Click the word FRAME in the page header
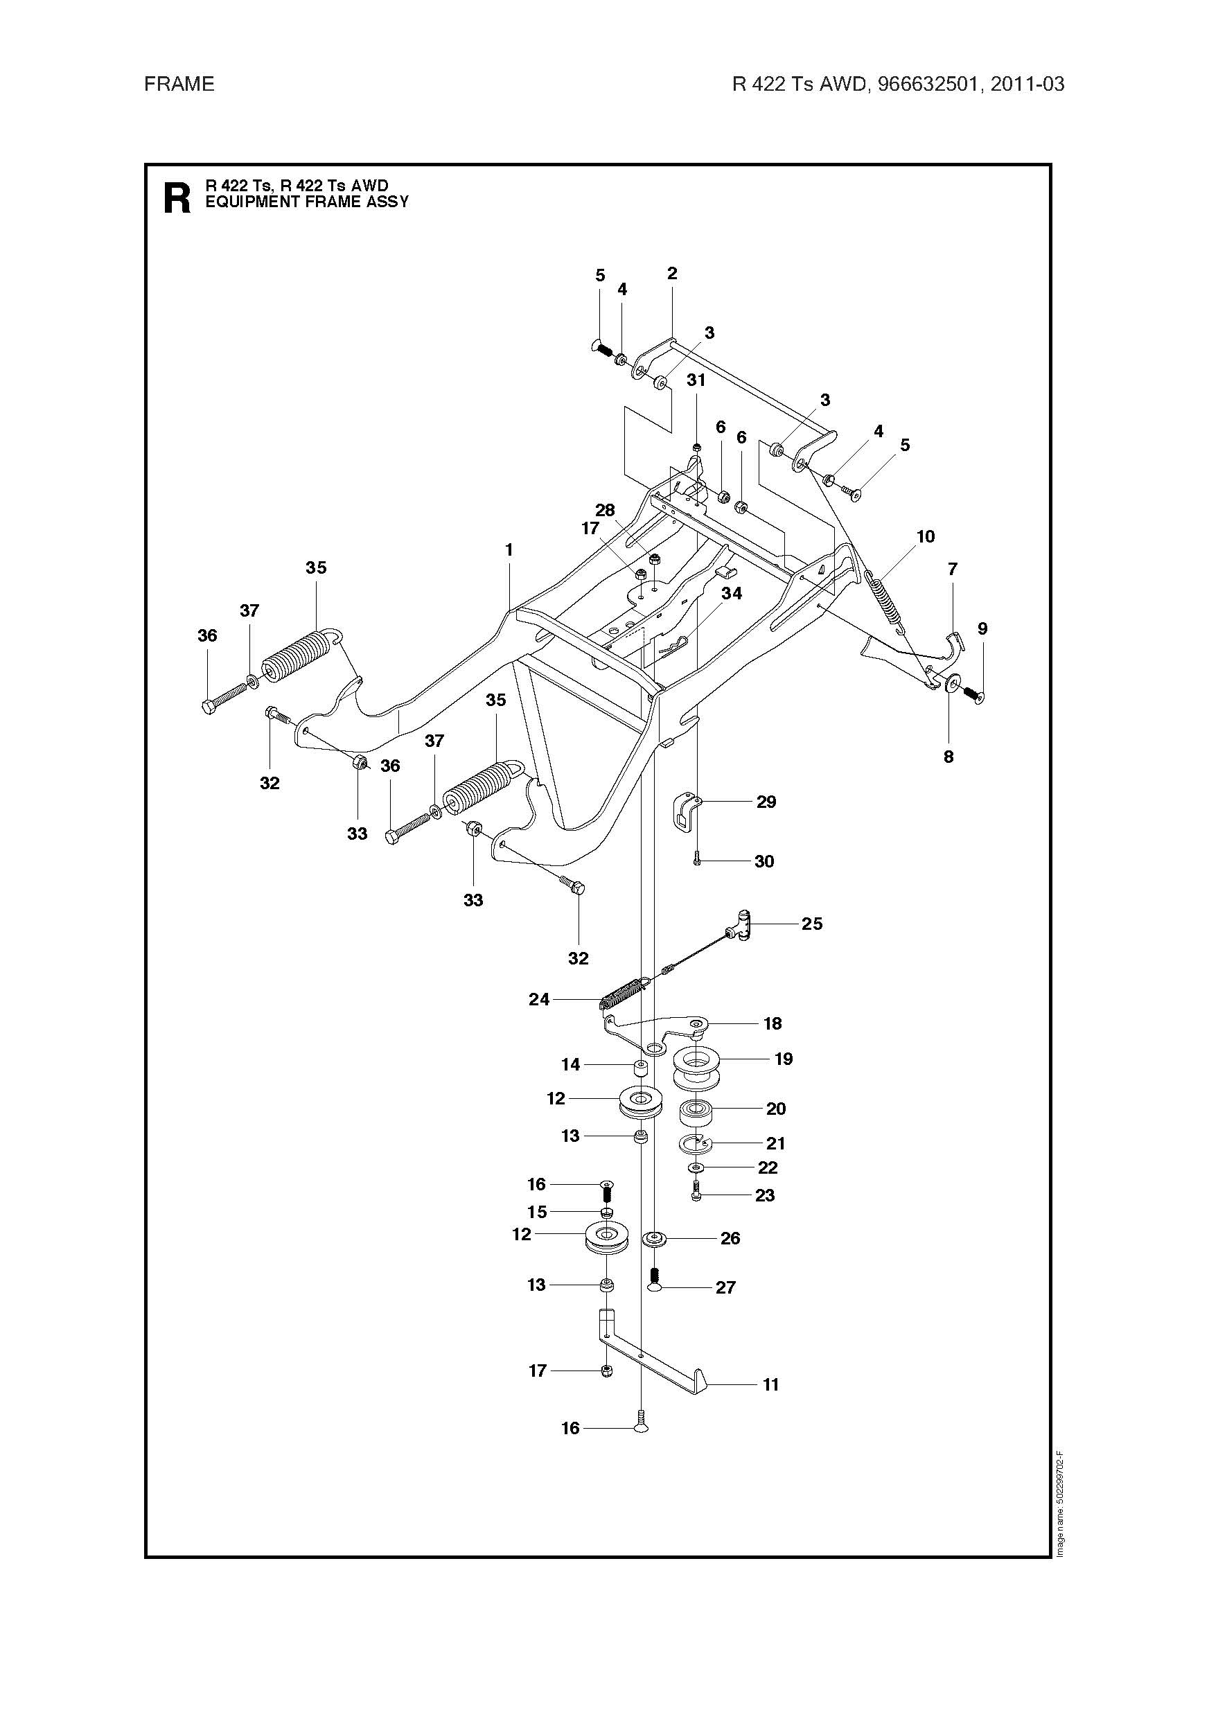[x=179, y=84]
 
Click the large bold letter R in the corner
[x=177, y=198]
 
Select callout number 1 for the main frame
[x=509, y=550]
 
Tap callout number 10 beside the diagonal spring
[x=925, y=536]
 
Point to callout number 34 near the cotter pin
[x=732, y=593]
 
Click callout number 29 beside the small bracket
[x=766, y=802]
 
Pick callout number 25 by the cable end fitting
[x=812, y=924]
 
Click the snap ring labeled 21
[x=696, y=1143]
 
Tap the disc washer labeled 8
[x=952, y=683]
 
